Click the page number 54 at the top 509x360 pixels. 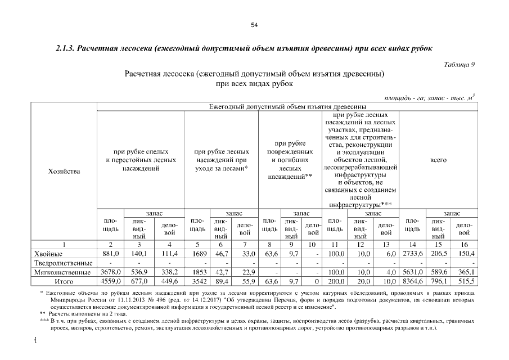pos(254,25)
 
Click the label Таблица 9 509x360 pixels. pos(460,64)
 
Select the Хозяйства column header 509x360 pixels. pos(65,171)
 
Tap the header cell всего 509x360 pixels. pos(438,160)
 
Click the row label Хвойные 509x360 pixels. pos(49,254)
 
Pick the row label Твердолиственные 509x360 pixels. pos(64,263)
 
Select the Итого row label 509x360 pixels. pos(64,281)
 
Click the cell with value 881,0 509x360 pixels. pos(111,254)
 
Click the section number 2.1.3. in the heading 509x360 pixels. pos(66,48)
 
